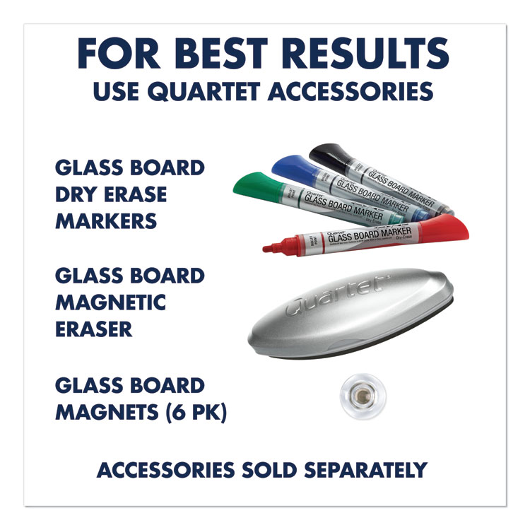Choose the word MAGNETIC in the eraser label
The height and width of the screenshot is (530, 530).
110,302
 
